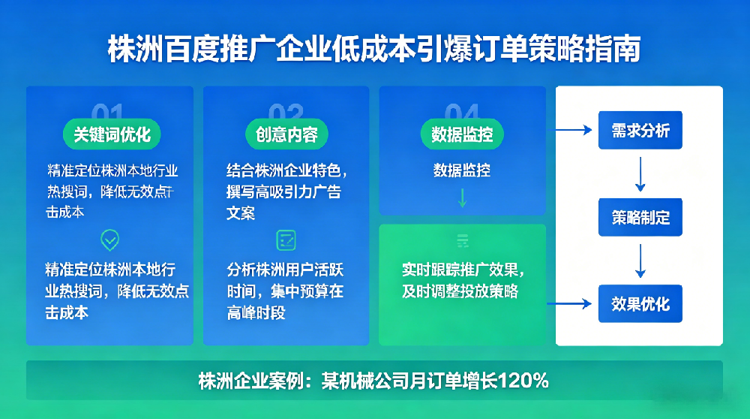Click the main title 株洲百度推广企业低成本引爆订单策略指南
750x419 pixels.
pyautogui.click(x=374, y=50)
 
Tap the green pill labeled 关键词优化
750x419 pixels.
pyautogui.click(x=112, y=134)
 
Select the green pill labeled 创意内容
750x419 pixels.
pyautogui.click(x=286, y=134)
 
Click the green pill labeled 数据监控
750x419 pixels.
pyautogui.click(x=461, y=134)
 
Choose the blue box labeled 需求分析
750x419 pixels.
pyautogui.click(x=640, y=131)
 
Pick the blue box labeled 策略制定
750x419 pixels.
pyautogui.click(x=640, y=218)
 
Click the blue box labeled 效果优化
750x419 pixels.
pyautogui.click(x=640, y=304)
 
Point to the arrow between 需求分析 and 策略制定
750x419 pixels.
pyautogui.click(x=640, y=174)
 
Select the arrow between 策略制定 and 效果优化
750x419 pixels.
pyautogui.click(x=640, y=261)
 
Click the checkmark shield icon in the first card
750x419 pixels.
pyautogui.click(x=110, y=240)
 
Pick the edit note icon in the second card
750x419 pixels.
pyautogui.click(x=286, y=240)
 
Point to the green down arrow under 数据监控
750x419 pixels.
pyautogui.click(x=462, y=197)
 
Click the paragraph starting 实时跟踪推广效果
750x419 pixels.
pyautogui.click(x=462, y=280)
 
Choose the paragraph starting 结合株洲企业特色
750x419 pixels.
pyautogui.click(x=285, y=191)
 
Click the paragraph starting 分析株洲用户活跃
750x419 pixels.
pyautogui.click(x=285, y=291)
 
